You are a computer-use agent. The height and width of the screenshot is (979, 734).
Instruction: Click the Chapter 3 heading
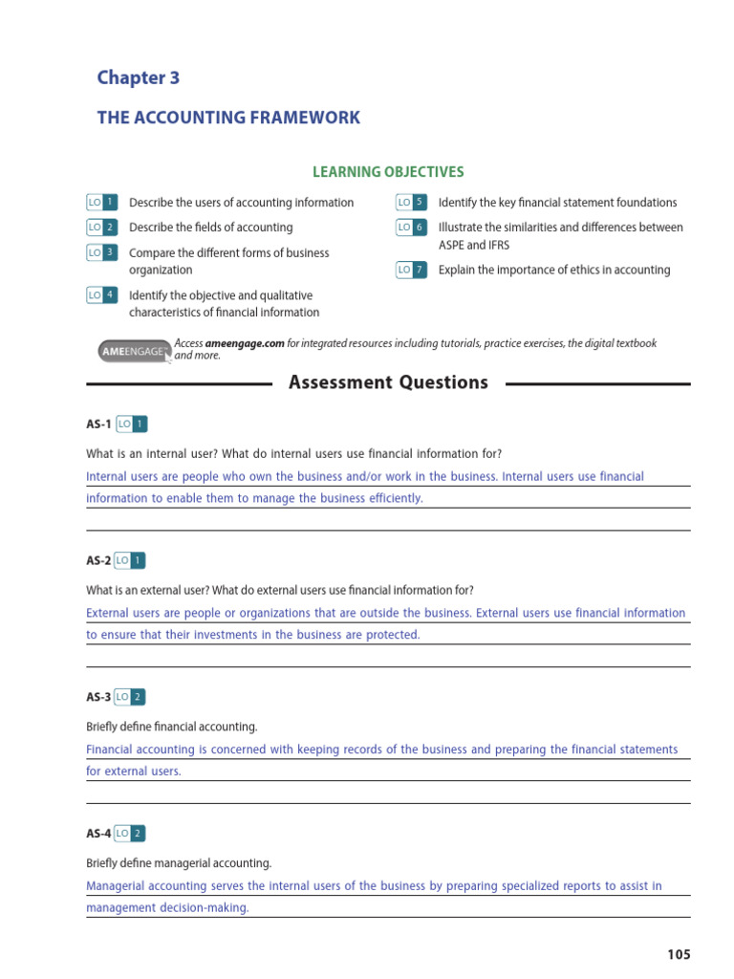tap(138, 77)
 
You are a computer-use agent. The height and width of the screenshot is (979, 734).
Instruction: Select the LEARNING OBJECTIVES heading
tap(388, 172)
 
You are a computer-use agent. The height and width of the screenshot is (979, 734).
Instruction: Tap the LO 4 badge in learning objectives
tap(101, 295)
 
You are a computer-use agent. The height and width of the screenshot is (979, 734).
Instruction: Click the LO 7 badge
tap(411, 270)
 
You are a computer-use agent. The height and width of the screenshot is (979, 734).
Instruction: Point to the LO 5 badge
tap(411, 202)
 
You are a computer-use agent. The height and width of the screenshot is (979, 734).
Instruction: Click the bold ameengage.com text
tap(245, 343)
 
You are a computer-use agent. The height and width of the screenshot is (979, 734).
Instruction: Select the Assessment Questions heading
tap(388, 382)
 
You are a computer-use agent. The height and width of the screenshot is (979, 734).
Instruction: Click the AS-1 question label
tap(98, 424)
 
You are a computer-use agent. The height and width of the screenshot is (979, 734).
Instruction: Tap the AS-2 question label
tap(98, 560)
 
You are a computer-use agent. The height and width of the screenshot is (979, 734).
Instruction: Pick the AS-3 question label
tap(98, 697)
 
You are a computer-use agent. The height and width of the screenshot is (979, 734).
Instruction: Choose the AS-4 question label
tap(98, 834)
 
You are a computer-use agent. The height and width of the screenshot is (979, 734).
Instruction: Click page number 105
tap(678, 954)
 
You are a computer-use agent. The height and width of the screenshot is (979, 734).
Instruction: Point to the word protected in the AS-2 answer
tap(389, 635)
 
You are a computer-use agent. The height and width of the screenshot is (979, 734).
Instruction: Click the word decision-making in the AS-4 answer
tap(202, 908)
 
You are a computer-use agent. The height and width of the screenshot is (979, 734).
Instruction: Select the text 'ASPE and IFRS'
tap(474, 245)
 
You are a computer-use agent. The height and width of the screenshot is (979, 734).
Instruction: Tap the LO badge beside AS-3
tap(131, 697)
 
